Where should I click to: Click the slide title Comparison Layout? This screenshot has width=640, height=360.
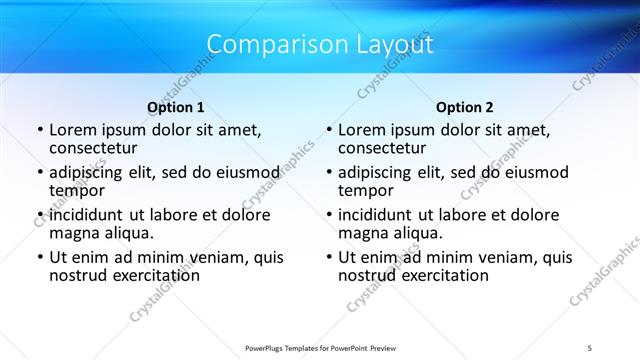tap(320, 45)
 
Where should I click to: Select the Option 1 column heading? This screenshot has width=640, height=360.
tap(176, 107)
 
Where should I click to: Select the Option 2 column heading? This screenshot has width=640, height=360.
tap(465, 107)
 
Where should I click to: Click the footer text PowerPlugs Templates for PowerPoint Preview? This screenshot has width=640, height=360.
tap(320, 347)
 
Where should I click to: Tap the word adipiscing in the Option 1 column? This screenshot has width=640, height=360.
tap(91, 172)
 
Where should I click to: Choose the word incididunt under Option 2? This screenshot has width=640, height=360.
tap(381, 215)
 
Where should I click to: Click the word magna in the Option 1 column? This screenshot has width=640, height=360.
tap(73, 233)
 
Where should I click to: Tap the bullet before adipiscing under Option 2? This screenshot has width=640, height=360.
tap(327, 172)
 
